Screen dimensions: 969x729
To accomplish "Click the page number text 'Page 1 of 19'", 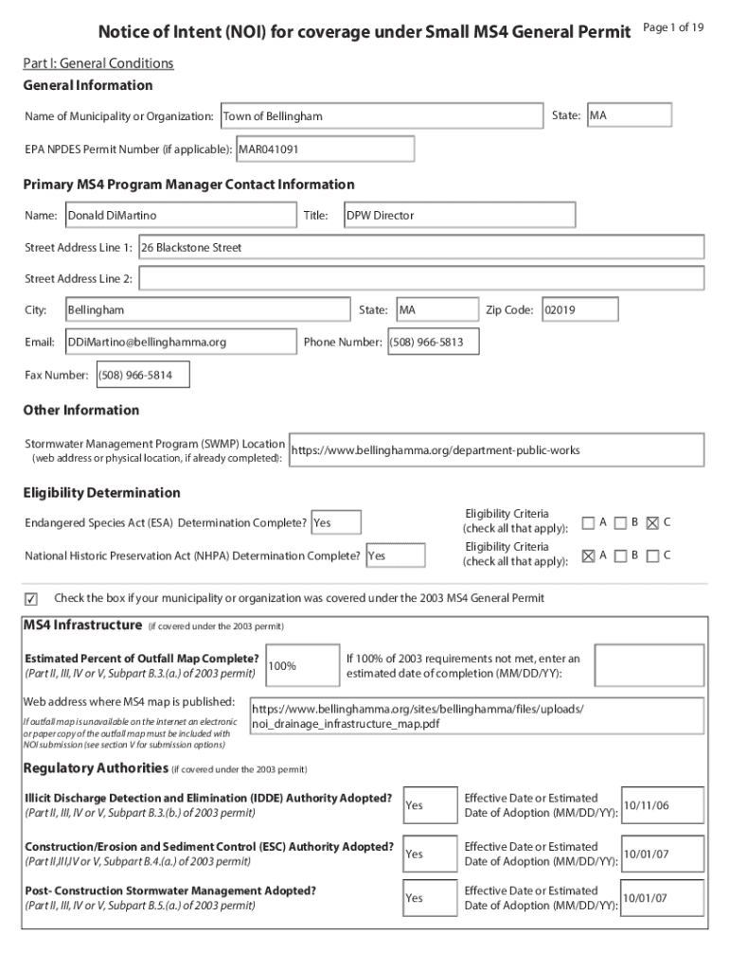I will (x=672, y=27).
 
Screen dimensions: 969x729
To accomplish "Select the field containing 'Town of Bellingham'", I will (x=381, y=116).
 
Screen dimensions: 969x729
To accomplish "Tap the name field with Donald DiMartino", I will (x=180, y=216).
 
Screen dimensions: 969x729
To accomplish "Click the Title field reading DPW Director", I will (x=458, y=216).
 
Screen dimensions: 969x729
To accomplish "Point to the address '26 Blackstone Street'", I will (x=420, y=248).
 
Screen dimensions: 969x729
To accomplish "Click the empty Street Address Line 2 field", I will (x=420, y=279).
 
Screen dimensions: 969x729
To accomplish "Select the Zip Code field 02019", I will (x=578, y=310).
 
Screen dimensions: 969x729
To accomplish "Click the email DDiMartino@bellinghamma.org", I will (x=180, y=343).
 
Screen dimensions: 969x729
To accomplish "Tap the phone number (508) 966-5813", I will (x=432, y=343).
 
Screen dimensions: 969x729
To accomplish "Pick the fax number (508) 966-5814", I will (x=142, y=376).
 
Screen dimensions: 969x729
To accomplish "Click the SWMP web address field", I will (x=496, y=450).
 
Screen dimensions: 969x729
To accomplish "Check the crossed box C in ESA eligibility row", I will (x=651, y=522).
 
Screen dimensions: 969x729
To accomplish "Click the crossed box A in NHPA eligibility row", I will (x=589, y=555).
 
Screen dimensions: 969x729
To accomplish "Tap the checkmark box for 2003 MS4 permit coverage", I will (x=30, y=599).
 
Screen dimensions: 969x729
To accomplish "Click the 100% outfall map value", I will (x=302, y=665).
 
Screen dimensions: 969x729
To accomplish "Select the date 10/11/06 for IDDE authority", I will (x=662, y=805).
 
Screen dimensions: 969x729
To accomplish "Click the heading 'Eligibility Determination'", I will (x=101, y=493).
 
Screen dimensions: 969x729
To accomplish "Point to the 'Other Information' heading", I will (x=80, y=411).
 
